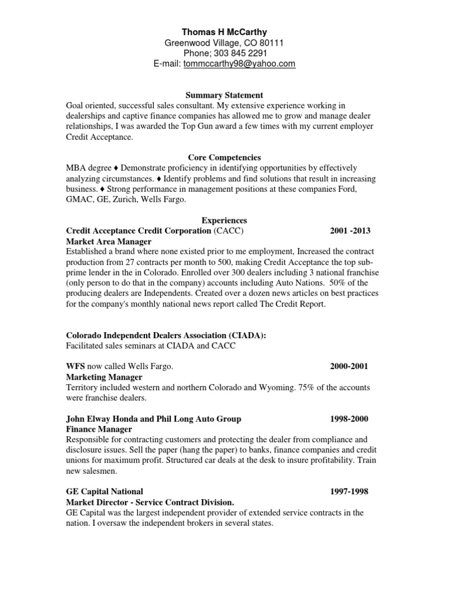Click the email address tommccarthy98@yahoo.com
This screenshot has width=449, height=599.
coord(239,64)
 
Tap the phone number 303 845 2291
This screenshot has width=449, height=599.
coord(237,53)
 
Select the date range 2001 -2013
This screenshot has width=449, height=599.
coord(350,231)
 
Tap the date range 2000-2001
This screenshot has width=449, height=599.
coord(348,366)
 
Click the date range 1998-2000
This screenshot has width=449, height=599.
coord(348,419)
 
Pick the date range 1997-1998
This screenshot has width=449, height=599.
coord(348,491)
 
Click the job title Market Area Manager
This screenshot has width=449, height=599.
coord(109,242)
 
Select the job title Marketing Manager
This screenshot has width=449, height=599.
coord(104,377)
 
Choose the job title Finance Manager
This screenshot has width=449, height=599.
coord(99,429)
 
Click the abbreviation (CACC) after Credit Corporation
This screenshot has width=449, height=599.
coord(228,231)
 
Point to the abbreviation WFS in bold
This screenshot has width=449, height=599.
coord(75,366)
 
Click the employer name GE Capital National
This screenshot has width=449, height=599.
coord(105,491)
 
